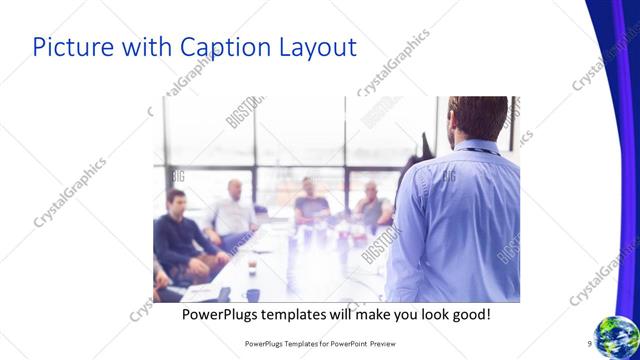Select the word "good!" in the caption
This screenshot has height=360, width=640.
click(x=470, y=314)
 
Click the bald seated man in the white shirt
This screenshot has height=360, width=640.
click(x=233, y=209)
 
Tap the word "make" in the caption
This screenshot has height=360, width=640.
click(x=362, y=314)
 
